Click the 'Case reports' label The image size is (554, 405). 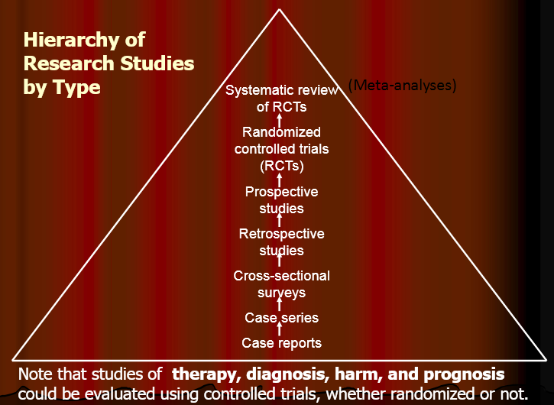(x=281, y=343)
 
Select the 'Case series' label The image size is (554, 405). (x=281, y=318)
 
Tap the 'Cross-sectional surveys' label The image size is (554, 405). (x=281, y=284)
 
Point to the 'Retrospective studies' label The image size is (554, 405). (x=281, y=242)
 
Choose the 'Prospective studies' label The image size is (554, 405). (x=281, y=200)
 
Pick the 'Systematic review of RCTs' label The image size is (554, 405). (x=281, y=99)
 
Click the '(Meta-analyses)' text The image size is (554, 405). (x=402, y=85)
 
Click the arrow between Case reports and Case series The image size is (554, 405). (x=280, y=330)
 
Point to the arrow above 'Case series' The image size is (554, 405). (x=280, y=305)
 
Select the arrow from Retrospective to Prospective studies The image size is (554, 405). (x=280, y=221)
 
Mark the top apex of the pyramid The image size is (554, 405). (x=280, y=9)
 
